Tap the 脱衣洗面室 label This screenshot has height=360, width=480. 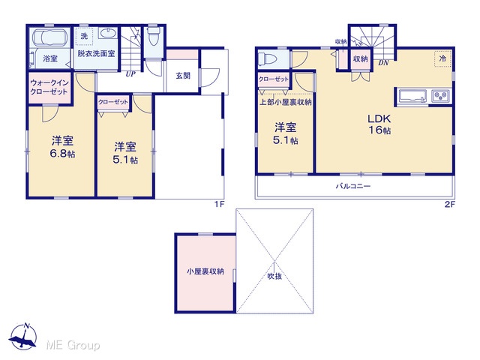coord(96,53)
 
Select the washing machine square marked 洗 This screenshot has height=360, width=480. coord(84,36)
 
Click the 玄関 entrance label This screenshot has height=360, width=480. coord(183,75)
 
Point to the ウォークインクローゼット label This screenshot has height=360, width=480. coord(49,87)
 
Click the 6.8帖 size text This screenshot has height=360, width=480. coord(62,153)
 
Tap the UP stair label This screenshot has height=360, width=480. coord(130,73)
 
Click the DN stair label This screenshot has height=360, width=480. coord(383,63)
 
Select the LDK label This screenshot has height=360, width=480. coord(379,118)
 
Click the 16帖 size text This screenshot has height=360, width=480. coord(379,130)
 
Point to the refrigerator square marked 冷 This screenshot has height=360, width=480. coord(442,58)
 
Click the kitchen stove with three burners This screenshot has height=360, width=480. coord(441,96)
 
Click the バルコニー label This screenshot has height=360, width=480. coord(353,186)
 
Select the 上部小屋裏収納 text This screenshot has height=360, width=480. coord(285,102)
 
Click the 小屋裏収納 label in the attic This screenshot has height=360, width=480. coord(205,271)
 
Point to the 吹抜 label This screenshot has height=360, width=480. coord(274,276)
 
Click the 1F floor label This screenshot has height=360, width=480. coord(219,204)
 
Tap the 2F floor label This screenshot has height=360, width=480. coord(450,204)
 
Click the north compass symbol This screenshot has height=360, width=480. coord(23,337)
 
